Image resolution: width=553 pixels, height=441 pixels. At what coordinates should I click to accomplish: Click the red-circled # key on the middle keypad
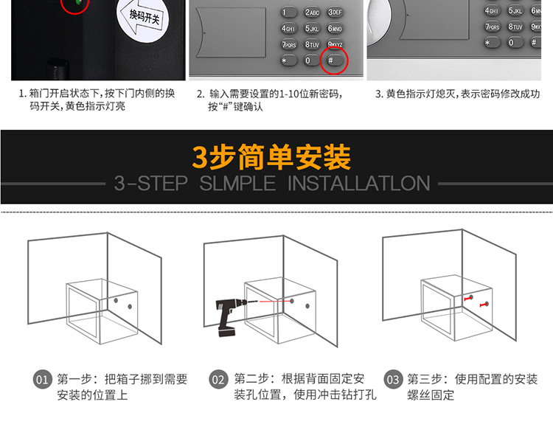334,60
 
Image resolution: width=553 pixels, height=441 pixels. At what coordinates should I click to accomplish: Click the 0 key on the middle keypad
311,60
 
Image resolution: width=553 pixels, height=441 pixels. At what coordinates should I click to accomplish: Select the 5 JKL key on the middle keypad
312,28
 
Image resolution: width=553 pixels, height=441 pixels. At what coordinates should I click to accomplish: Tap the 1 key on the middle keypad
288,13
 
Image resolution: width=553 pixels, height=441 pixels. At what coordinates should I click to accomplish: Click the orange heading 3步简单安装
271,157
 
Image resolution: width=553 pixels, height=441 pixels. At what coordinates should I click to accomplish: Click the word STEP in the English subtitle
162,184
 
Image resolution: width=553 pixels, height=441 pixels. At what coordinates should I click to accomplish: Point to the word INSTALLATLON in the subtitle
358,184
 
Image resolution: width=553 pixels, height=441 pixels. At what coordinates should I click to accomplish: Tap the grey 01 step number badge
42,380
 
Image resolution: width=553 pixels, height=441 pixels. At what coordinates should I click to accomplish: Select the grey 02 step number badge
218,380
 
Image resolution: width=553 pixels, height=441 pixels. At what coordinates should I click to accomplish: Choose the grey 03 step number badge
393,380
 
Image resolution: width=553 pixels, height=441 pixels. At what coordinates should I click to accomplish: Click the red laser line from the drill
275,302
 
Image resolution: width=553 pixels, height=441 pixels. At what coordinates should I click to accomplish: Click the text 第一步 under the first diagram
74,379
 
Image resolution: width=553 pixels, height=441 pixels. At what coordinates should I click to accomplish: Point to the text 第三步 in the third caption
425,379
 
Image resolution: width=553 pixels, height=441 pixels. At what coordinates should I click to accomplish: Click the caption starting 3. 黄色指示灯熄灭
457,94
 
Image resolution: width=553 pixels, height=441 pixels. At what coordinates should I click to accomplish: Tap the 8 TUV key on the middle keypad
312,44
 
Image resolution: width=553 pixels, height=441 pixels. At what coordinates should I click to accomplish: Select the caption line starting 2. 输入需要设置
269,94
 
